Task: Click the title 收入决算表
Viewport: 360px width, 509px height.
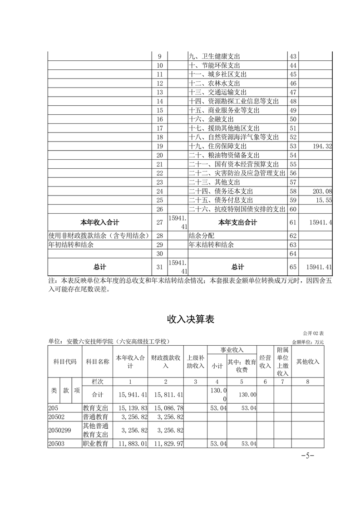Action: pos(190,319)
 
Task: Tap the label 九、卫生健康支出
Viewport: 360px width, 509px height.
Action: pos(214,57)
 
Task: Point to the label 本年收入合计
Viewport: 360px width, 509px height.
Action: pos(99,222)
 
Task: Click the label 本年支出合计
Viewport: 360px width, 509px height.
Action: pos(237,222)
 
